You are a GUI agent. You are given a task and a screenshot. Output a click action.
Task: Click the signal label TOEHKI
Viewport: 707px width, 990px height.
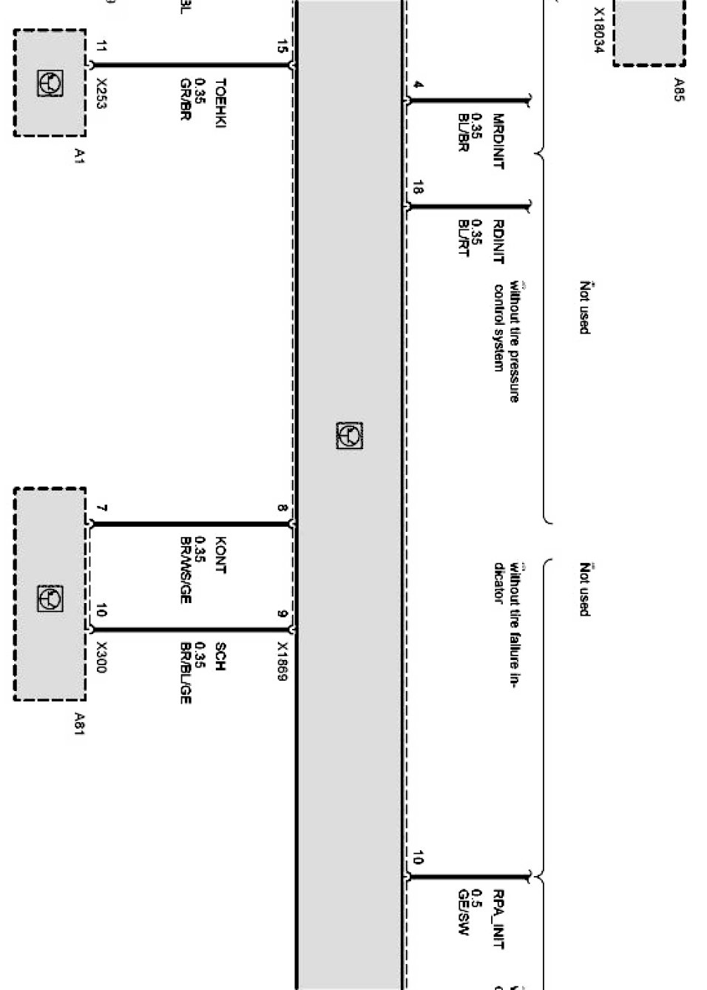point(220,103)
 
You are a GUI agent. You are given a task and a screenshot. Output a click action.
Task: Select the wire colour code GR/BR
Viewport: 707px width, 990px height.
point(185,99)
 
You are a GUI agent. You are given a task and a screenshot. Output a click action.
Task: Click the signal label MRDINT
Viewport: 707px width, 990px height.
point(498,141)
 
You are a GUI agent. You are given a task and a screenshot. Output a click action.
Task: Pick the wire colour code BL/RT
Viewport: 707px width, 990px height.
point(464,238)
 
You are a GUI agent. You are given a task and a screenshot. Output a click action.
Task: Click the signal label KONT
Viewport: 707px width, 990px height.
point(220,556)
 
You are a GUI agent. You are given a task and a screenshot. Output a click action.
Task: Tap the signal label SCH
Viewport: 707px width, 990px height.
point(220,656)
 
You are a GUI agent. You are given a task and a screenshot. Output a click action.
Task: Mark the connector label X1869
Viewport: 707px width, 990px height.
point(282,661)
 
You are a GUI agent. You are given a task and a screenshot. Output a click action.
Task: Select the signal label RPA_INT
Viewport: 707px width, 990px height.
point(498,919)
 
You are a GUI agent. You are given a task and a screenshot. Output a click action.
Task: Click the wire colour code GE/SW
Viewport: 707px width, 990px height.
point(464,912)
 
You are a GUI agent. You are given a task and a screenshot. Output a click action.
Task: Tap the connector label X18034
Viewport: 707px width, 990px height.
point(598,30)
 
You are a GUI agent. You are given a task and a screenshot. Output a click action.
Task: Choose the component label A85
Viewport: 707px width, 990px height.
point(678,90)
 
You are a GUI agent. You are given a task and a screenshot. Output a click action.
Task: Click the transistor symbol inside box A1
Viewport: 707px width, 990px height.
point(50,83)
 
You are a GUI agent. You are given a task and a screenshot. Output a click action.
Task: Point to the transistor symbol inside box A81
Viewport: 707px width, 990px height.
point(50,599)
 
